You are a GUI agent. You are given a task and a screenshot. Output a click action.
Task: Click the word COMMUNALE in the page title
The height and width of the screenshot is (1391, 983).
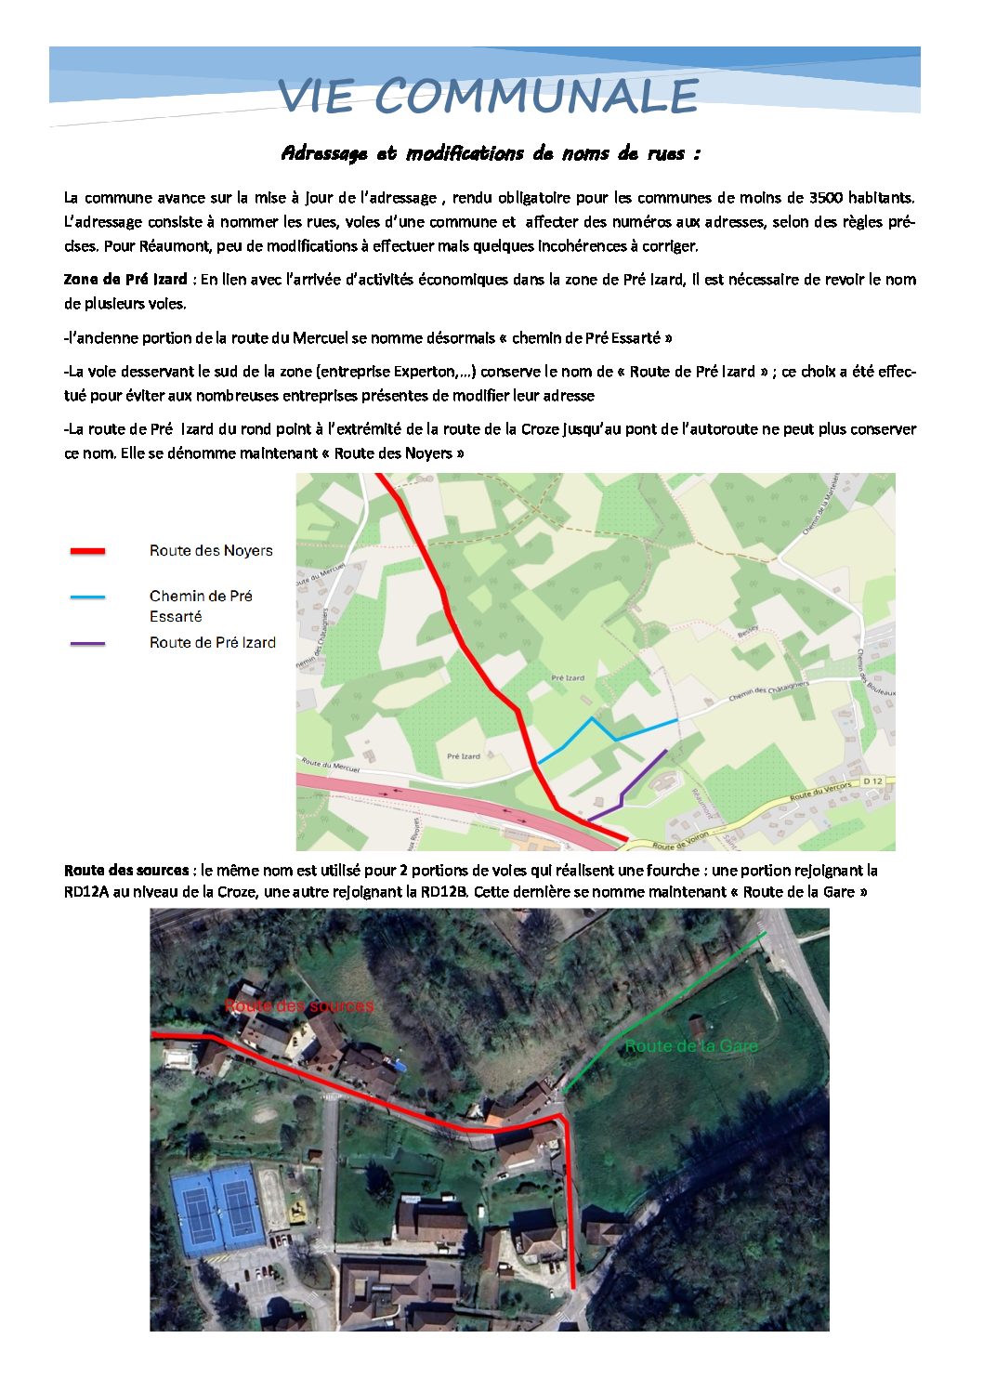[x=536, y=97]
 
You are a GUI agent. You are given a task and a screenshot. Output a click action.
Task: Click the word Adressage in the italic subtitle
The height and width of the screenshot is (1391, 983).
[x=324, y=153]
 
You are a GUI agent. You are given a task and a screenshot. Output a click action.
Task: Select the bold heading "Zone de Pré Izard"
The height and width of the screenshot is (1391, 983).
[x=125, y=280]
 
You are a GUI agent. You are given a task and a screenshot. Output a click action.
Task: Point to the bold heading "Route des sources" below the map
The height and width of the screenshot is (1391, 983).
[x=126, y=871]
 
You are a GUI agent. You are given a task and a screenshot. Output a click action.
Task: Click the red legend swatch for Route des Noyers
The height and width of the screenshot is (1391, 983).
[x=88, y=551]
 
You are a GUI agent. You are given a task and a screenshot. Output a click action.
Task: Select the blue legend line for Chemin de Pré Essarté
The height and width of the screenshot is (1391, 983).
[x=88, y=597]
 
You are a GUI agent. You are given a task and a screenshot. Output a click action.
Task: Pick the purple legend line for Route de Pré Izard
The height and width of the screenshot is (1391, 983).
[x=88, y=643]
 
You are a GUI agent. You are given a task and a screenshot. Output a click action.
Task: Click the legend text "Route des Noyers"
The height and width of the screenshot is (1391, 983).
[x=211, y=551]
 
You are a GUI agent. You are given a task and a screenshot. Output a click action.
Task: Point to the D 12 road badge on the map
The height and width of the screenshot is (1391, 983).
[x=872, y=781]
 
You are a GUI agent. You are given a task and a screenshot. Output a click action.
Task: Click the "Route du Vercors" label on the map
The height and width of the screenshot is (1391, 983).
[x=820, y=792]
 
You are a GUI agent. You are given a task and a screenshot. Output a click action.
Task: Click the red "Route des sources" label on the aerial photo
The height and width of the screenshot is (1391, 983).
[x=299, y=1006]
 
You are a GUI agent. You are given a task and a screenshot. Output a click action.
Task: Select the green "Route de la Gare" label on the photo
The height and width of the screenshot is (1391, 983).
[x=691, y=1046]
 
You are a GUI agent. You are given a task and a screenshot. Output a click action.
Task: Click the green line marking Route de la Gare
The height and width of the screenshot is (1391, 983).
[x=650, y=1017]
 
